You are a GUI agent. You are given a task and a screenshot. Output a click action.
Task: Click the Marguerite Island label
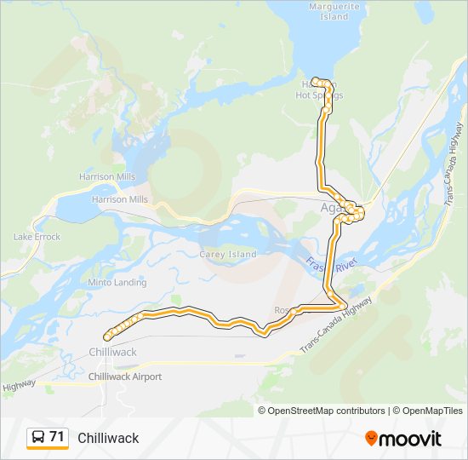click(329, 11)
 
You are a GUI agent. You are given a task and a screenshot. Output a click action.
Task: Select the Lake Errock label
click(37, 237)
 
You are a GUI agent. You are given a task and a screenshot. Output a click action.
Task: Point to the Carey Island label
click(227, 254)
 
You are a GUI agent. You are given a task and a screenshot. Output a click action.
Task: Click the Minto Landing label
click(117, 282)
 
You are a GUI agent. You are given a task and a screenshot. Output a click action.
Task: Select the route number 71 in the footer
click(57, 437)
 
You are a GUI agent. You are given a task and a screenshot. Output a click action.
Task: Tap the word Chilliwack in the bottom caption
click(108, 438)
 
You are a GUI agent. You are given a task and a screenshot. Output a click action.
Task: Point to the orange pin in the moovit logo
click(371, 439)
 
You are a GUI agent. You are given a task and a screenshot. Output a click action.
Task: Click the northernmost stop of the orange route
click(315, 81)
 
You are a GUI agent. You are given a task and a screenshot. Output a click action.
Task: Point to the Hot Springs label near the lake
click(319, 95)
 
